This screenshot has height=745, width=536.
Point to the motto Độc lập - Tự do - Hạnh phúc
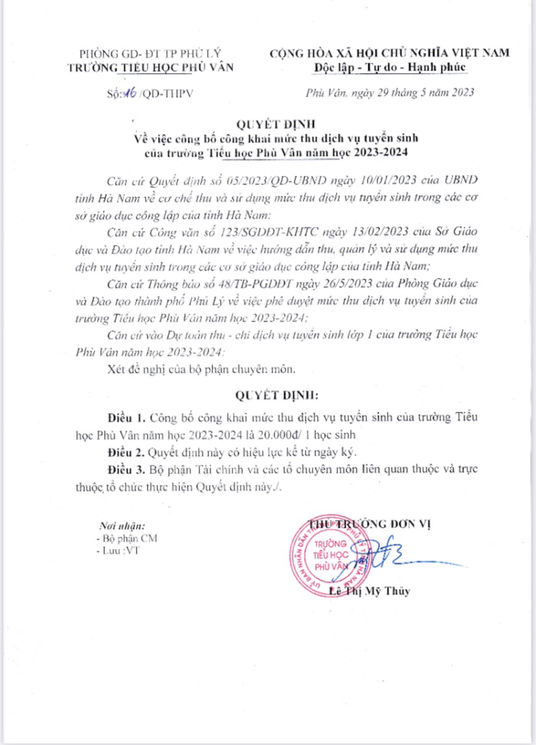(x=389, y=66)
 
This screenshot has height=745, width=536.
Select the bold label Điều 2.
(x=127, y=452)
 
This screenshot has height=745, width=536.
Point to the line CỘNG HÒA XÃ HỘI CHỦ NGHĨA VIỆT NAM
(x=389, y=53)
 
